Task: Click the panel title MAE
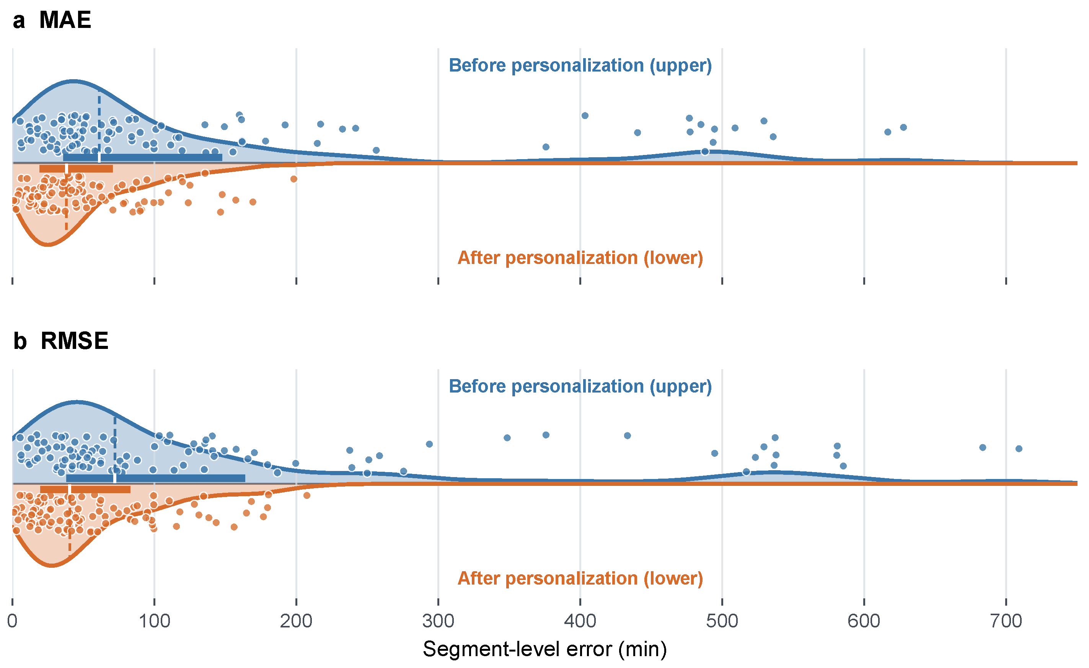(x=65, y=20)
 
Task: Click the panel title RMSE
(x=74, y=341)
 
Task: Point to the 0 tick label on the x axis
(x=12, y=621)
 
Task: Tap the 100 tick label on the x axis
(x=154, y=621)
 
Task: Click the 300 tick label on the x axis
(x=438, y=621)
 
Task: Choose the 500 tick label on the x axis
(x=722, y=621)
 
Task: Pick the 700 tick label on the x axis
(x=1006, y=621)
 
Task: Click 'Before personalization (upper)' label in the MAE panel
(x=580, y=66)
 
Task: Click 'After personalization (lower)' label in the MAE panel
(x=580, y=258)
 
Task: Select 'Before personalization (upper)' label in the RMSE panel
(x=580, y=386)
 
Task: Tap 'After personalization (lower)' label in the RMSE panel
(x=580, y=578)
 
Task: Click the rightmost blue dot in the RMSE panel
(x=1019, y=449)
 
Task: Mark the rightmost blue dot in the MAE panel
(x=903, y=128)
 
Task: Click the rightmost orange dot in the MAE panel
(x=294, y=179)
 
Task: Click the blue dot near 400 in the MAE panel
(x=585, y=116)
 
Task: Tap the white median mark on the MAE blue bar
(x=99, y=158)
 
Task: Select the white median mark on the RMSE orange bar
(x=69, y=489)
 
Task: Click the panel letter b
(x=20, y=341)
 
